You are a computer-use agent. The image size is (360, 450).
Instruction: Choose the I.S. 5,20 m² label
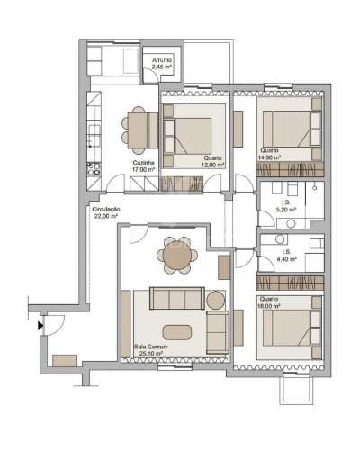(286, 207)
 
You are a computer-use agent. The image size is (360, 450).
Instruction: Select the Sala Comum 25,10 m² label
(148, 351)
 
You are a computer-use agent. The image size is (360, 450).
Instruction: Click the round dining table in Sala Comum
(177, 257)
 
